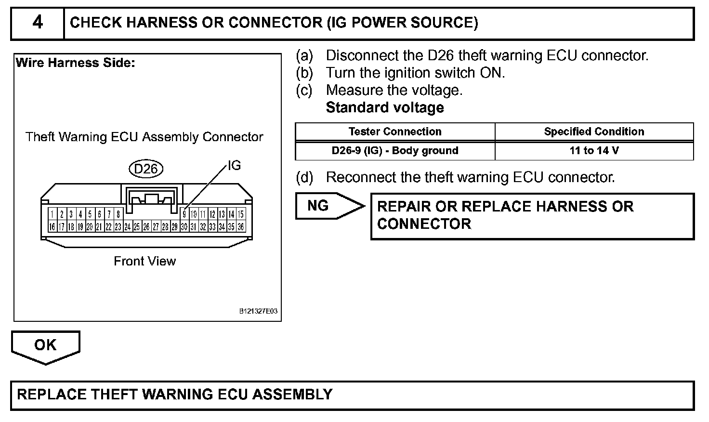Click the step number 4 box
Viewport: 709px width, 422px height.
click(x=37, y=23)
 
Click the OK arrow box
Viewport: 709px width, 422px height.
click(x=45, y=345)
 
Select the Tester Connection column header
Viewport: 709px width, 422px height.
click(x=394, y=132)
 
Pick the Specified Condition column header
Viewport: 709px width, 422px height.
click(x=594, y=132)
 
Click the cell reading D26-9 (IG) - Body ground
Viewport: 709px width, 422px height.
click(x=394, y=150)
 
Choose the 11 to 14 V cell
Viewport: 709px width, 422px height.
click(x=594, y=150)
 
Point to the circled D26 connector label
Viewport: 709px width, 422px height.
click(x=146, y=169)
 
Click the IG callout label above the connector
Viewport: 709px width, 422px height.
click(x=234, y=166)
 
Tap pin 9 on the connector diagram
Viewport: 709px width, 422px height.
click(x=184, y=214)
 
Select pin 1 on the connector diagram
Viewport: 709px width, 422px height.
click(x=52, y=214)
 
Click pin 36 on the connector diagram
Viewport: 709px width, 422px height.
click(x=241, y=226)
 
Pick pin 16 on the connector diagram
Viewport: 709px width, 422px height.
click(x=52, y=226)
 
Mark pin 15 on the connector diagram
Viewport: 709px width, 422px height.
click(x=241, y=214)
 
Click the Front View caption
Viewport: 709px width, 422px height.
click(x=144, y=261)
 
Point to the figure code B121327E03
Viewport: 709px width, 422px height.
click(x=258, y=312)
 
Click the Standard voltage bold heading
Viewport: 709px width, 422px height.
click(x=385, y=107)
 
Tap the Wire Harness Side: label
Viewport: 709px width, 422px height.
click(x=76, y=63)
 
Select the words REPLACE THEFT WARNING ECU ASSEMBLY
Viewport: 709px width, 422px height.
click(x=174, y=395)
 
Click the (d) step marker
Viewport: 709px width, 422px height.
click(x=304, y=177)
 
